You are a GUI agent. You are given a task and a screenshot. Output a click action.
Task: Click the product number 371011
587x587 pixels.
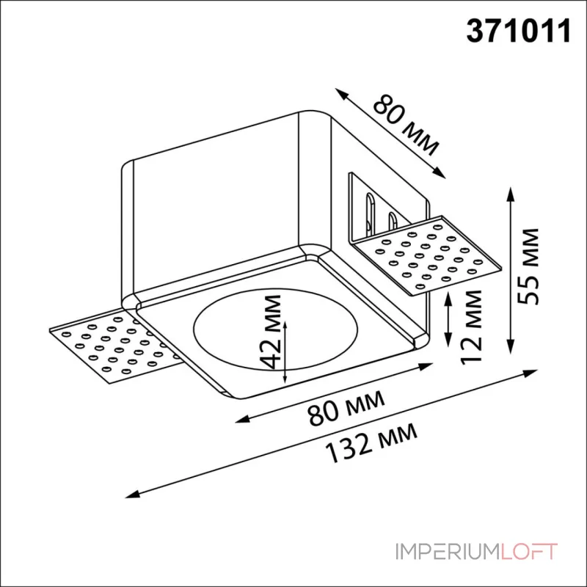(x=519, y=31)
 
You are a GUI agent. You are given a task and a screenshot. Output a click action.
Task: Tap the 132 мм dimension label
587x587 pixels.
(x=371, y=442)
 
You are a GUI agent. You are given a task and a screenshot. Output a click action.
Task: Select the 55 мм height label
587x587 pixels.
(x=527, y=266)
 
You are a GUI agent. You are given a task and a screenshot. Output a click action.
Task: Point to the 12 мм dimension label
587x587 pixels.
(x=470, y=327)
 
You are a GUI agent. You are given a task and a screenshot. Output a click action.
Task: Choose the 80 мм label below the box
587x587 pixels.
(x=346, y=408)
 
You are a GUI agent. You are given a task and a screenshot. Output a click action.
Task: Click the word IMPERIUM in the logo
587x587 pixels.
(x=448, y=552)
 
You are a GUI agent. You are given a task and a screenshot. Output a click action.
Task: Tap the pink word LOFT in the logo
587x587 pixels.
(x=528, y=552)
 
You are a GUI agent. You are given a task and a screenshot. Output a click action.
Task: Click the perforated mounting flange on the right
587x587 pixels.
(x=427, y=255)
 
